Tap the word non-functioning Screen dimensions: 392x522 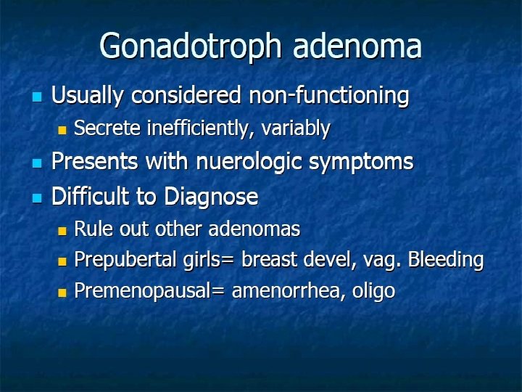pos(329,95)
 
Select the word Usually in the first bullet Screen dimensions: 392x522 pos(86,95)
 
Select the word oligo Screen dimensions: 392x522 pos(375,292)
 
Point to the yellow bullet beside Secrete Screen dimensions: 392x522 pos(62,131)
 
